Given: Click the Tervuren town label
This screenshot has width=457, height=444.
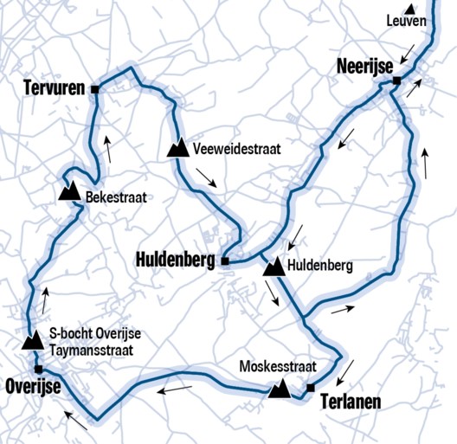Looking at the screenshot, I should point(55,87).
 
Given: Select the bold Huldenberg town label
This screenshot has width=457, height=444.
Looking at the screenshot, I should point(176,259).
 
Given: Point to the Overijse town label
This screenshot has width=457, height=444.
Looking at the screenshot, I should point(32,386).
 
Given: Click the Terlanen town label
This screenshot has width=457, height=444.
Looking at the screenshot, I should point(351,402).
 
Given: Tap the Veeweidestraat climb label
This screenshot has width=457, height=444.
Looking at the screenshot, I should point(236,149).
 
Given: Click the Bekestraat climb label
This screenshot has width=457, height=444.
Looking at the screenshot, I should point(113,196).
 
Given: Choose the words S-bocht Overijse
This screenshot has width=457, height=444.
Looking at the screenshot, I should point(94,334).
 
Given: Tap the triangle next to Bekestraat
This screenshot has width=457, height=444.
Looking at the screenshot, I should point(68,191).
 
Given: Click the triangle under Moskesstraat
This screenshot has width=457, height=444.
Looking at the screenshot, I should point(279,389).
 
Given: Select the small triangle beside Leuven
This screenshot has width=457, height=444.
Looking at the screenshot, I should point(410,10).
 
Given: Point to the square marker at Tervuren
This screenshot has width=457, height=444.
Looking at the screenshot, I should point(95,88).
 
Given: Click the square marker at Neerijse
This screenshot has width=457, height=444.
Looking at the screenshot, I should point(396,81).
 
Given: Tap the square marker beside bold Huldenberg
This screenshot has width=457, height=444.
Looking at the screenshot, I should point(224,261).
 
